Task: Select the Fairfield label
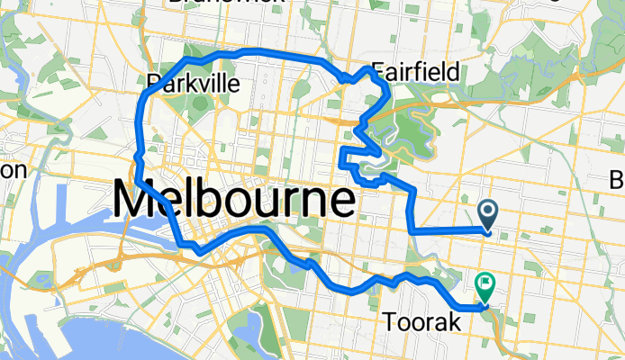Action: [415, 71]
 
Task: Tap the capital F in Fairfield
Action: [377, 71]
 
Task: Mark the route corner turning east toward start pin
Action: [412, 231]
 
